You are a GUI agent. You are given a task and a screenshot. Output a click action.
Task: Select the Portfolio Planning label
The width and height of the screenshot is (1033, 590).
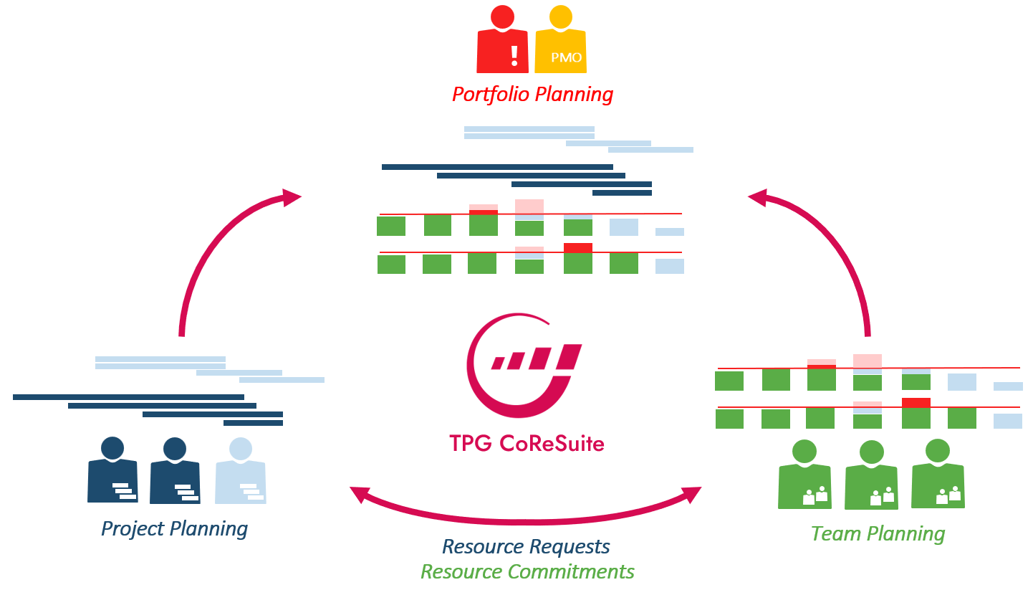point(532,94)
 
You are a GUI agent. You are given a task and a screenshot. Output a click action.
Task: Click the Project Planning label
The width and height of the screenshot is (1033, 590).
point(174,529)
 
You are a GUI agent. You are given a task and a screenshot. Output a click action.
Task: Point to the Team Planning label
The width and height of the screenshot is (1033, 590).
point(878,533)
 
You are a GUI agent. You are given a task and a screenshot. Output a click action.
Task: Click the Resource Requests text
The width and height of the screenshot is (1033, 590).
point(526,547)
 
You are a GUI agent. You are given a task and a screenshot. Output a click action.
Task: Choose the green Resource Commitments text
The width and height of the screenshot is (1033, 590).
point(527,571)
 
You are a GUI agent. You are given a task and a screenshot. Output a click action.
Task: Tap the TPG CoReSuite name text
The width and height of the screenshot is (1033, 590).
point(527,443)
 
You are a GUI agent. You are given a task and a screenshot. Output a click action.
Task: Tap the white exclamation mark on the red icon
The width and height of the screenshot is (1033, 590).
point(514,55)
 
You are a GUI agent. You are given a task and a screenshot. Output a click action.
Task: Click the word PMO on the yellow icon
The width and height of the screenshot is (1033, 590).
point(567,57)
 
